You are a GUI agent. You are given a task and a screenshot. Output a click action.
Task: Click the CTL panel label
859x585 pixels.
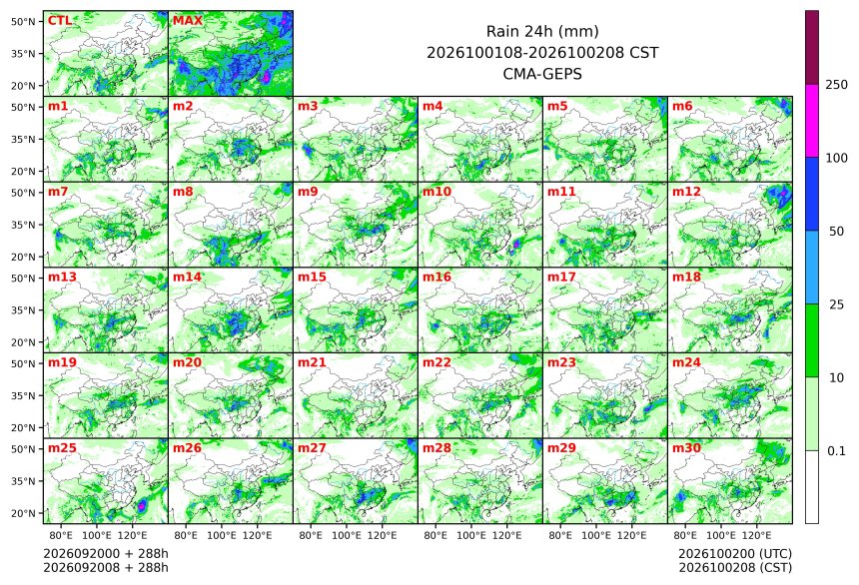(x=59, y=21)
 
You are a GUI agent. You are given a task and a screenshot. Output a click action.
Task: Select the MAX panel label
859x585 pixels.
(x=188, y=21)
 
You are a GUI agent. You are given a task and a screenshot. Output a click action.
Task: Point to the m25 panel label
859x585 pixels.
(x=62, y=448)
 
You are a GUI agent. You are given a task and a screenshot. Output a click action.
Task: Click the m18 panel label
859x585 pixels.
(x=686, y=278)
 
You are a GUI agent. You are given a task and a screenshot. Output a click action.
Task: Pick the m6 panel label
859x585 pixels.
(x=682, y=106)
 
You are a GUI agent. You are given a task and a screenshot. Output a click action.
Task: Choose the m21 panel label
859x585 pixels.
(x=312, y=362)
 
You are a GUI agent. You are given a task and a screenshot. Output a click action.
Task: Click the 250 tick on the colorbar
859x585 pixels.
(x=837, y=85)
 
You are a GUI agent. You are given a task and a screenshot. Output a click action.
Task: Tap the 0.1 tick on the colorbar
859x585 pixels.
(x=836, y=451)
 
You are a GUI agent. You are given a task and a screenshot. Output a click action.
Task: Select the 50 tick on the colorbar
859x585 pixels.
(x=836, y=232)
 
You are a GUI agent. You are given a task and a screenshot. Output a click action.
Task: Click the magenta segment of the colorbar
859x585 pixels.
(x=812, y=121)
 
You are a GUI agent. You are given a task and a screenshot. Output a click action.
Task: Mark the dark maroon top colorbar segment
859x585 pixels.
(x=812, y=47)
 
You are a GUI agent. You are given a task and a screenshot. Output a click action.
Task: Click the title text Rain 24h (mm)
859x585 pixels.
(x=542, y=31)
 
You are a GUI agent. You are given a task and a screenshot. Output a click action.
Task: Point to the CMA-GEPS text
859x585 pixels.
(x=542, y=74)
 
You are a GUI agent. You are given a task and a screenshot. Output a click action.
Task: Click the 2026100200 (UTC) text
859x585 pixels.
(x=735, y=554)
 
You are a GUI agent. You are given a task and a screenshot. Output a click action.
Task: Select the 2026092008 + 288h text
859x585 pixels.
(x=106, y=568)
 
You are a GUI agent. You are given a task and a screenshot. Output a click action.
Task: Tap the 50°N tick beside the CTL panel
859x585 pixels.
(x=23, y=21)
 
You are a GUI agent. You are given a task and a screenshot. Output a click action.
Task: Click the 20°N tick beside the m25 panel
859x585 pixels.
(x=23, y=513)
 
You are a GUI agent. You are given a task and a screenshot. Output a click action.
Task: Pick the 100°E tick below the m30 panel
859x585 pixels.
(x=721, y=535)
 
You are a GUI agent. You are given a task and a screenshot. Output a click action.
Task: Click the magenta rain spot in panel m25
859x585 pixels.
(x=142, y=506)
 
